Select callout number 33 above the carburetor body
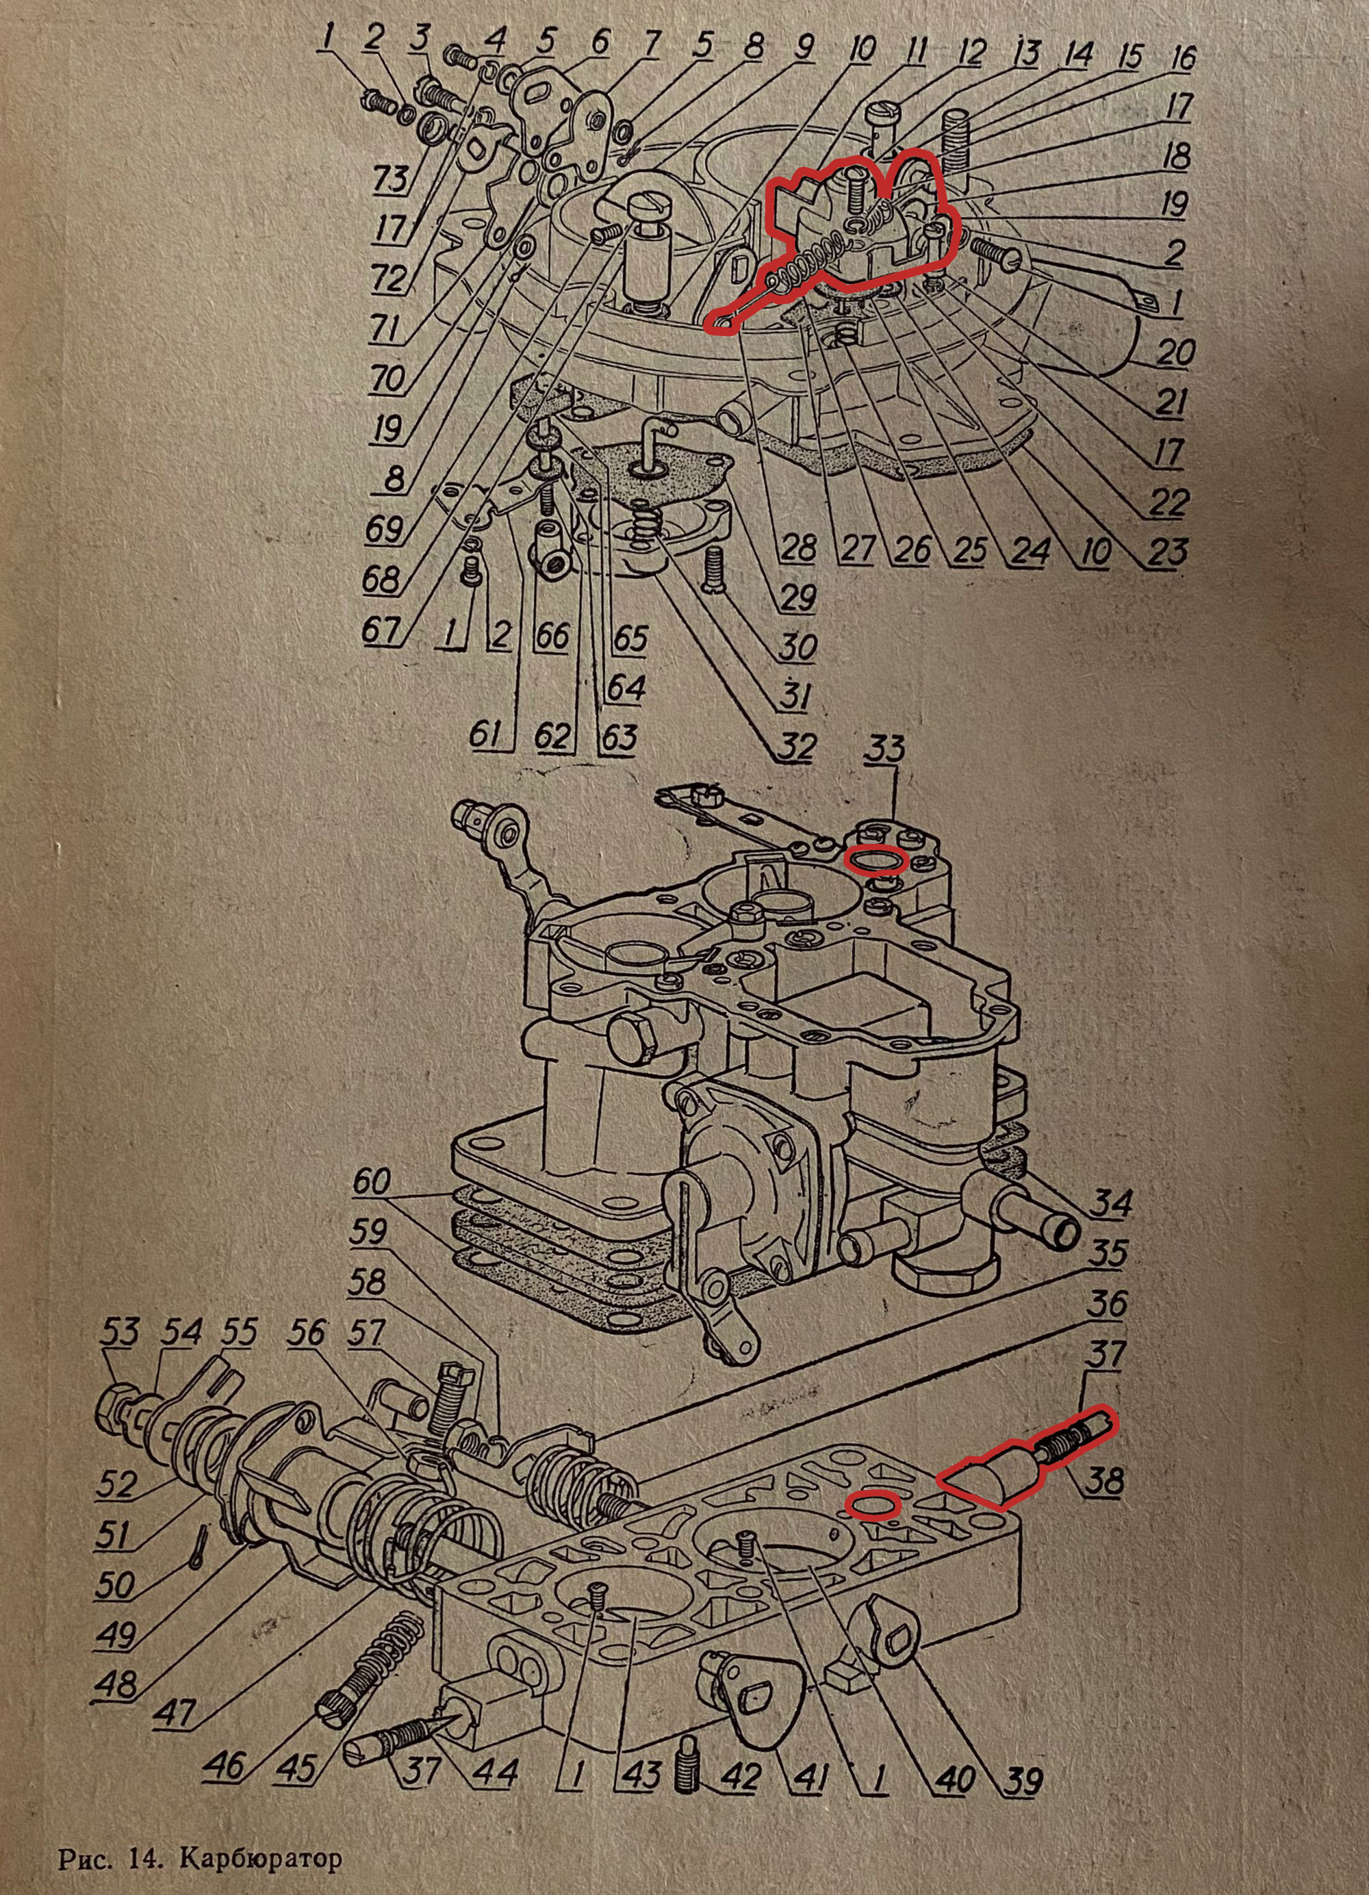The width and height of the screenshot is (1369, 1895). [885, 750]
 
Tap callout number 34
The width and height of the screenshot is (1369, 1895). [1114, 1205]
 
